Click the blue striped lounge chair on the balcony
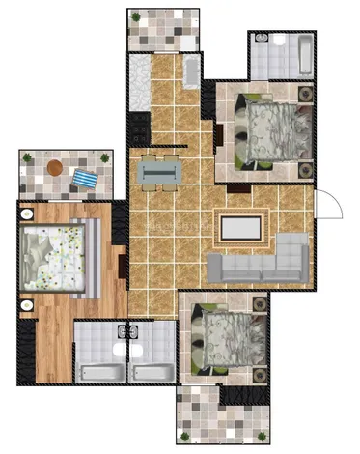[x=85, y=179]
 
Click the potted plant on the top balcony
[x=136, y=17]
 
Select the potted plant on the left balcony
[x=27, y=156]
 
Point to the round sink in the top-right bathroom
[x=261, y=41]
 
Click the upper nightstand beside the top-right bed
[x=307, y=95]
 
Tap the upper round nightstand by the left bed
[x=28, y=213]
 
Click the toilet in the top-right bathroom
[x=280, y=40]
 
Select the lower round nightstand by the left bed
[x=28, y=305]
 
